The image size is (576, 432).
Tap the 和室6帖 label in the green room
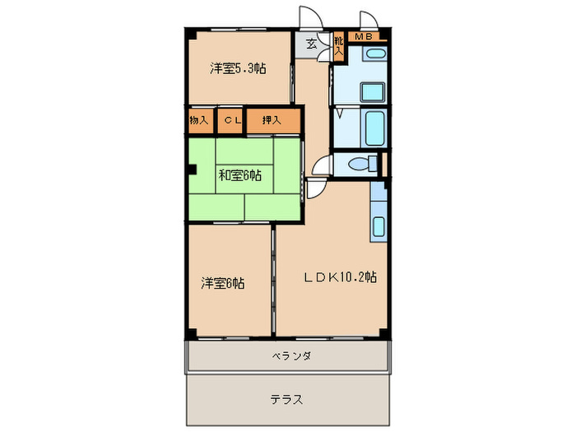click(240, 175)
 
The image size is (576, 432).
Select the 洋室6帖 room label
click(223, 284)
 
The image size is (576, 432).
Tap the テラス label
click(286, 400)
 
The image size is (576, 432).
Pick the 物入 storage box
click(198, 121)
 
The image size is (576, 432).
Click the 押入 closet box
click(272, 121)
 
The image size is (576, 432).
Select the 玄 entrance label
click(313, 44)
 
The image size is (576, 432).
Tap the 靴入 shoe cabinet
click(338, 44)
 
